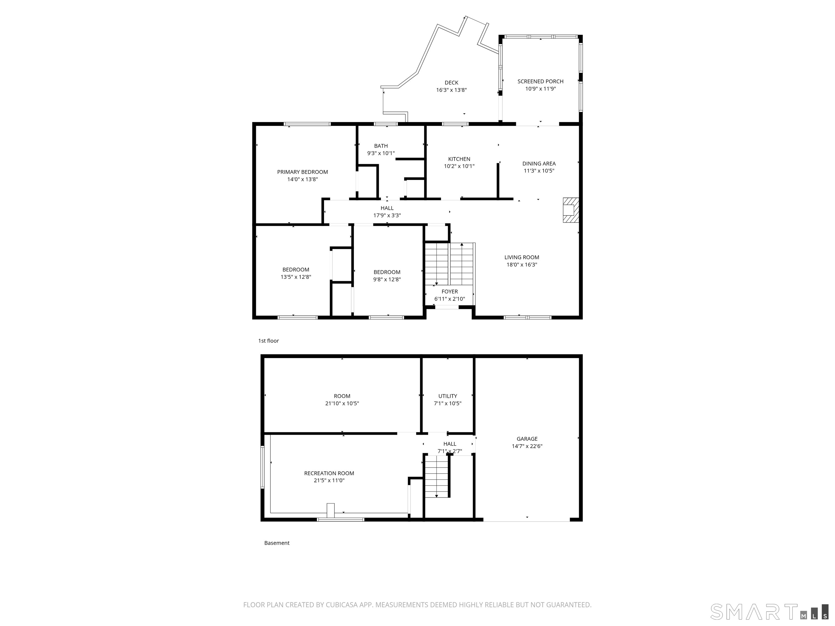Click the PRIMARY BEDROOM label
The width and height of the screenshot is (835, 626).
tap(302, 172)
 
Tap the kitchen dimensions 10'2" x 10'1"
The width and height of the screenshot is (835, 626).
tap(459, 166)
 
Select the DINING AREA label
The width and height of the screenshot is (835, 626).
tap(539, 163)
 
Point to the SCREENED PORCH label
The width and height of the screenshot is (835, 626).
tap(540, 82)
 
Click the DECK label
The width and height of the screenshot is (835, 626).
tap(451, 83)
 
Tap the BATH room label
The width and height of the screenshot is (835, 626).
tap(381, 146)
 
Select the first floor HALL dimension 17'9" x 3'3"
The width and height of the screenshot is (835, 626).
tap(387, 215)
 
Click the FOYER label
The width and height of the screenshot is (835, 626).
tap(450, 292)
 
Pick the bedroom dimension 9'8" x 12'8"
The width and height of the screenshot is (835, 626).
tap(387, 280)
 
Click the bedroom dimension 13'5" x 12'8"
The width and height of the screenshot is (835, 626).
tap(295, 277)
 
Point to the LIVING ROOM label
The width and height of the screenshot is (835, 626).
tap(522, 257)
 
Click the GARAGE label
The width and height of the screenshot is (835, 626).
tap(527, 439)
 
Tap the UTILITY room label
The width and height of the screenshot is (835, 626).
tap(448, 396)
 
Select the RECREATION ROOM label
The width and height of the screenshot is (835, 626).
tap(329, 473)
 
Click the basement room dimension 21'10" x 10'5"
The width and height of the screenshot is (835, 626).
tap(342, 403)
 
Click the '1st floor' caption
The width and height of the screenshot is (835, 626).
tap(268, 341)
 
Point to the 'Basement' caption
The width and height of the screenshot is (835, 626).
tap(277, 543)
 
